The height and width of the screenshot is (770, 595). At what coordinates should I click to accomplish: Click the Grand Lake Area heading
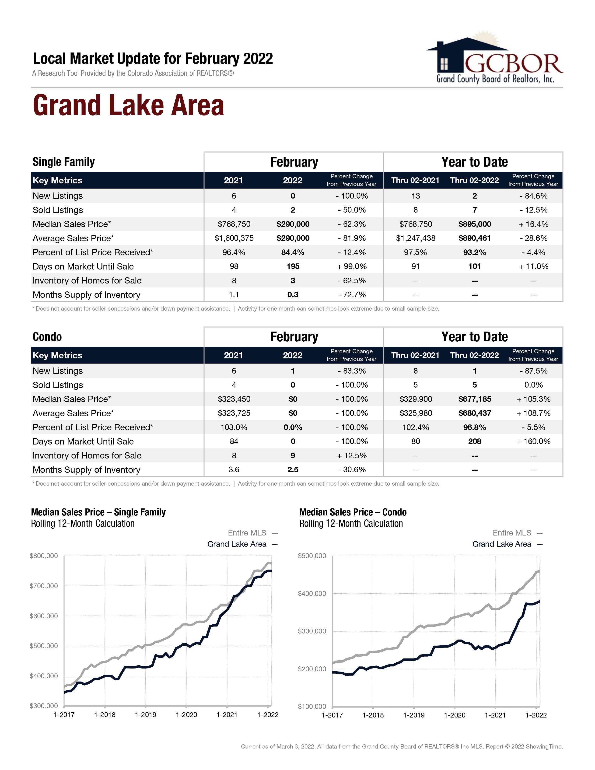click(x=128, y=105)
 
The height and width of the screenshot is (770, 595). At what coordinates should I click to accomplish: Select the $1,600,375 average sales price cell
click(x=234, y=238)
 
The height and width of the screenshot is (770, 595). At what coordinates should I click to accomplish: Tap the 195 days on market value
click(x=293, y=266)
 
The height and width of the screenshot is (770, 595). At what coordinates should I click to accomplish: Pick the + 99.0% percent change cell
click(x=352, y=266)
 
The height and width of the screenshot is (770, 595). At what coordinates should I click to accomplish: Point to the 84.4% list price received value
click(x=293, y=252)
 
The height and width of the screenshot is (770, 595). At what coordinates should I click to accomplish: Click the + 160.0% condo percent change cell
click(x=533, y=441)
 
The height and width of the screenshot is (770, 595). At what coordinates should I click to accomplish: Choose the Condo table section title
click(x=47, y=337)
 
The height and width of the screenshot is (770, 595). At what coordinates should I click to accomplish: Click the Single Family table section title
click(x=64, y=162)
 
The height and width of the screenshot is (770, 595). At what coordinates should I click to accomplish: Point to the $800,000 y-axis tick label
click(x=44, y=556)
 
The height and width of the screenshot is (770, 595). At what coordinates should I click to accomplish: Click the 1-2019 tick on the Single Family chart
click(x=146, y=715)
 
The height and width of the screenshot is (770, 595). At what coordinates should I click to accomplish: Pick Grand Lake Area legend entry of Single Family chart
click(x=237, y=544)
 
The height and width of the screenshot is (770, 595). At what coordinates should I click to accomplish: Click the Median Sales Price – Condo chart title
click(x=353, y=512)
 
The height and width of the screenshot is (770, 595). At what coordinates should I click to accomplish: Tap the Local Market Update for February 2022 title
click(x=153, y=59)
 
